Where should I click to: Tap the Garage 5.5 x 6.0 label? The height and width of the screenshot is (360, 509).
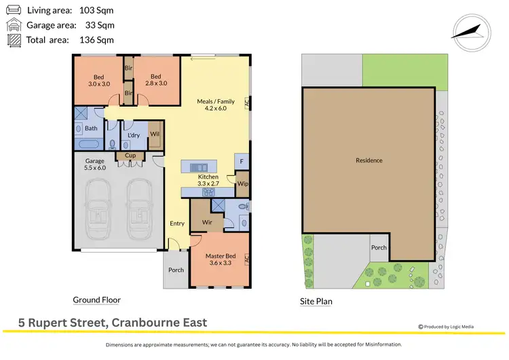pyautogui.click(x=94, y=164)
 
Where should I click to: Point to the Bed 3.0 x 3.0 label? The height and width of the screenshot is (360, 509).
pyautogui.click(x=98, y=80)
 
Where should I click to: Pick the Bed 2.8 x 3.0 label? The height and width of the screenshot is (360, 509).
pyautogui.click(x=155, y=80)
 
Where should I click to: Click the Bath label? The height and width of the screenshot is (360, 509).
pyautogui.click(x=91, y=128)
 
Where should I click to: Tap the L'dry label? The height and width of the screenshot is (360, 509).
pyautogui.click(x=133, y=136)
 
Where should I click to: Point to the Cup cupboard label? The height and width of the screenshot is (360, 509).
pyautogui.click(x=130, y=156)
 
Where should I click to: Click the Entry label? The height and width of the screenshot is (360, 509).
pyautogui.click(x=177, y=223)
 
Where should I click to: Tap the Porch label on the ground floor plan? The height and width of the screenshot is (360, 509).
pyautogui.click(x=176, y=270)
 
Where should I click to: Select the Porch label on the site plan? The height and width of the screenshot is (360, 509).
pyautogui.click(x=379, y=247)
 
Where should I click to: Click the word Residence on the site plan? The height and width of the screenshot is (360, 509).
pyautogui.click(x=369, y=160)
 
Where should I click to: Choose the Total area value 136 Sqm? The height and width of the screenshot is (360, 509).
pyautogui.click(x=96, y=40)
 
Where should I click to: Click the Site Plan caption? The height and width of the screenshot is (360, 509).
pyautogui.click(x=316, y=302)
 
